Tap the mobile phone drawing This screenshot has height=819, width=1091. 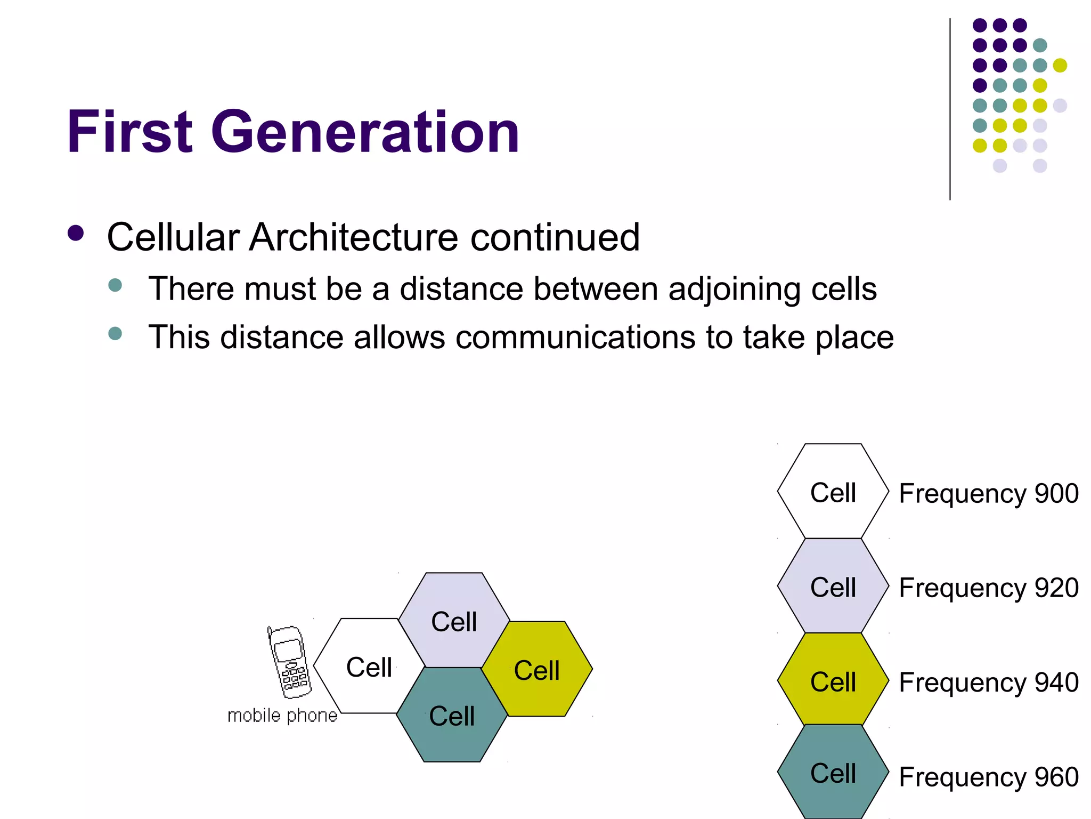click(x=289, y=662)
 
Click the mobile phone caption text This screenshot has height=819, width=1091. click(x=282, y=716)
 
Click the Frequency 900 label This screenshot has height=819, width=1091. click(x=988, y=493)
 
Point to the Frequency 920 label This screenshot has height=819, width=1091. click(x=988, y=588)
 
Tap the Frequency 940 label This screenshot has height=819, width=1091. click(x=988, y=682)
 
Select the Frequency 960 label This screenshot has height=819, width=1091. click(x=988, y=776)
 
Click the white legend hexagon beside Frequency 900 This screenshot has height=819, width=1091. click(x=833, y=491)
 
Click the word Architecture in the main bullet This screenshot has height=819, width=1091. click(x=353, y=237)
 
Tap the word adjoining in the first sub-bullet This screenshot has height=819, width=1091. click(x=734, y=290)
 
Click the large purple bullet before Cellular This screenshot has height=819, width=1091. click(x=76, y=234)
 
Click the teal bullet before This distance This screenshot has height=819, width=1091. click(x=115, y=334)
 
